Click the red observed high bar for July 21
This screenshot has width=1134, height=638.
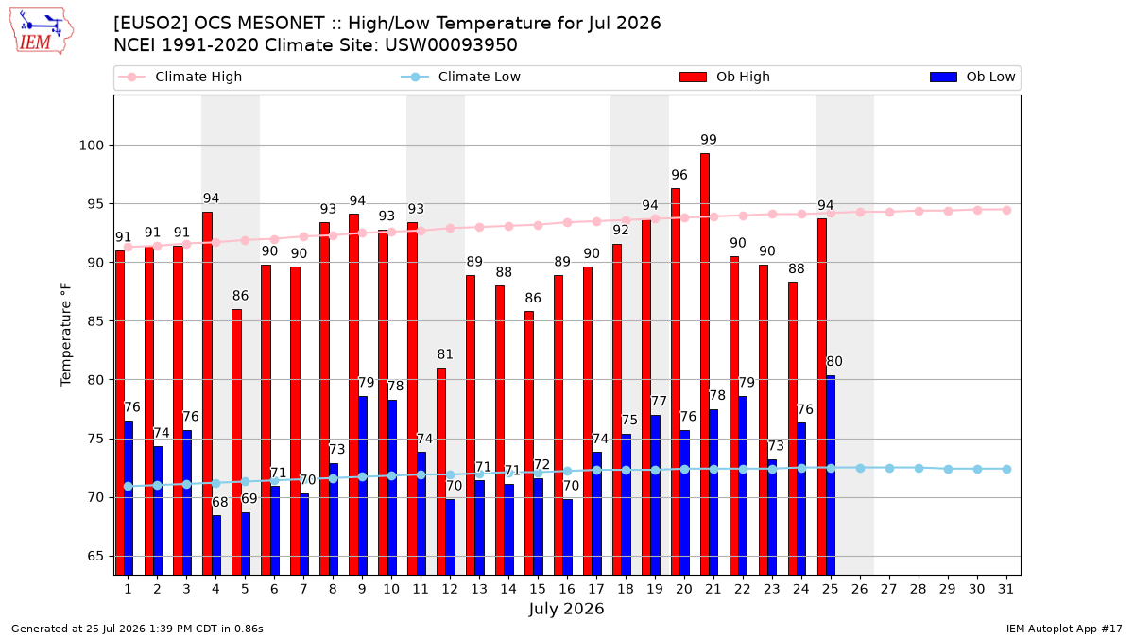pos(705,364)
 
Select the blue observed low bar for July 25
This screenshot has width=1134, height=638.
pos(831,474)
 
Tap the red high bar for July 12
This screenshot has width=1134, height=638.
pos(441,472)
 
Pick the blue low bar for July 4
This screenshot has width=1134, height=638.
pos(216,544)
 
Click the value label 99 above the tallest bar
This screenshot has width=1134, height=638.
pos(709,139)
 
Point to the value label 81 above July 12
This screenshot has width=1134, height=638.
pos(445,353)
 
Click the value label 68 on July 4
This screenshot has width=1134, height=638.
pos(219,502)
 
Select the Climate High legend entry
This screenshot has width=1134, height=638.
pos(180,77)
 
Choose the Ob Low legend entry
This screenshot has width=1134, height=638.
pos(972,77)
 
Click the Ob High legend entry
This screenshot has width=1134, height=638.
pos(725,77)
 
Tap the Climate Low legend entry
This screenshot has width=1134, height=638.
pos(461,77)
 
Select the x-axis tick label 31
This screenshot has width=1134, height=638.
pos(1005,589)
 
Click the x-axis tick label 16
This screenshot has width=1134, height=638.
pos(567,589)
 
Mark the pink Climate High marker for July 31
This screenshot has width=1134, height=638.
pos(1007,210)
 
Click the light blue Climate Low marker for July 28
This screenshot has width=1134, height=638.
pos(919,469)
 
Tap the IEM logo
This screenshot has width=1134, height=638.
pos(42,31)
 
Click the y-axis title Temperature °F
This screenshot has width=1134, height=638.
pos(66,335)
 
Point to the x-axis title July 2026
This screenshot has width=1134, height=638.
pos(566,608)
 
